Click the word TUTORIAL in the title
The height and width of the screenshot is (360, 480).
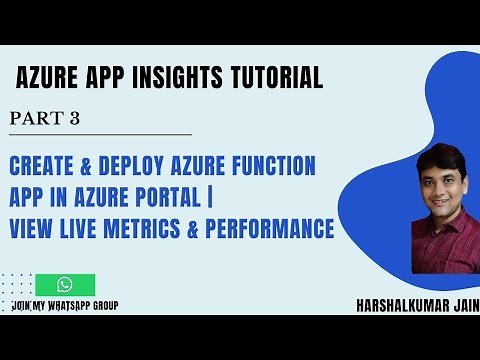(x=274, y=77)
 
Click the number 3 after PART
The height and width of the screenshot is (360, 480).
(x=74, y=119)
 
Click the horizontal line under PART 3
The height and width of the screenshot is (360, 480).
(x=100, y=134)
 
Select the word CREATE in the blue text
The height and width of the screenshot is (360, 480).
(x=41, y=164)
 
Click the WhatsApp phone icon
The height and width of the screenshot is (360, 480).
(x=65, y=285)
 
